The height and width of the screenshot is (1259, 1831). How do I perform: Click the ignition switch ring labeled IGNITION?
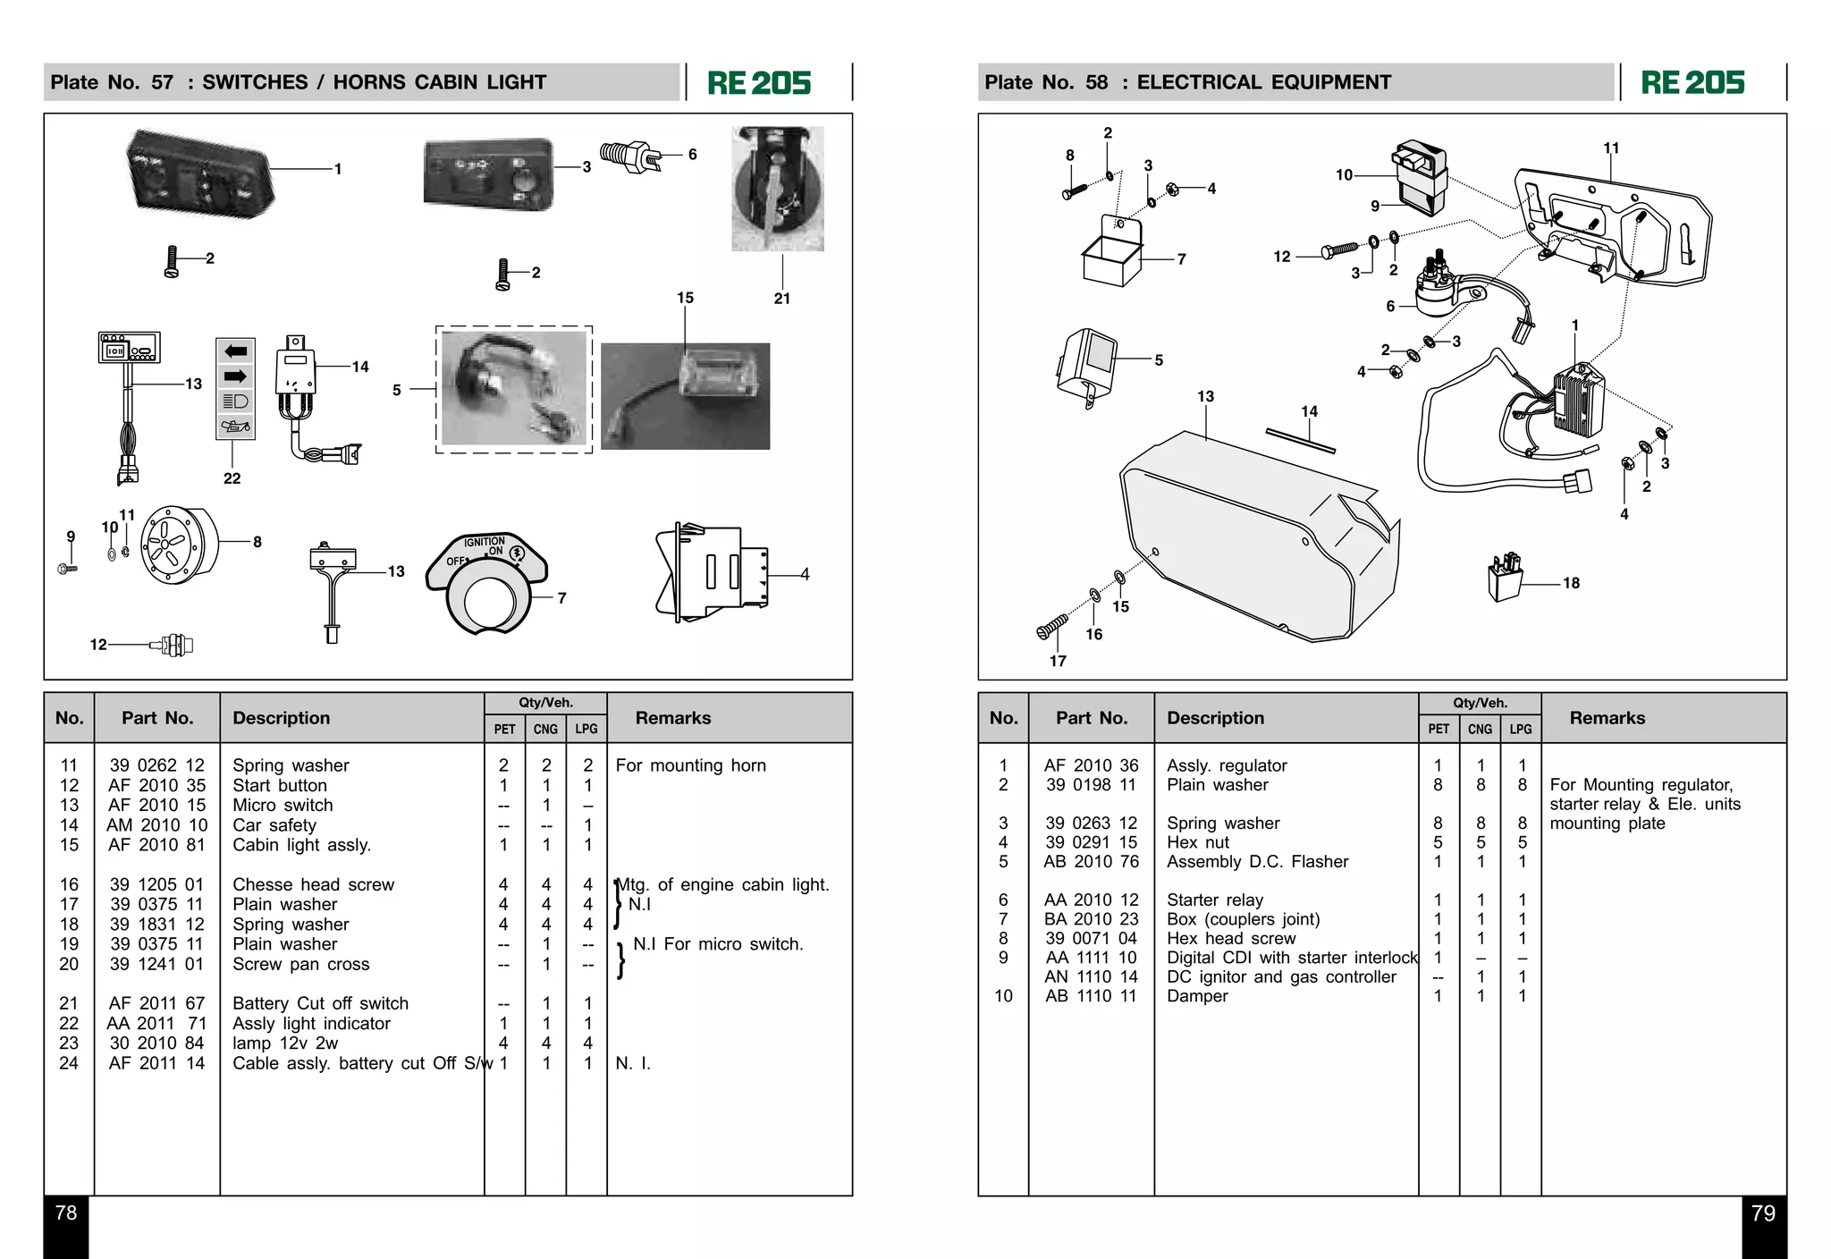tap(486, 581)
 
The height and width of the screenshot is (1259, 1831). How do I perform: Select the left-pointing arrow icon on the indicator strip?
tap(235, 351)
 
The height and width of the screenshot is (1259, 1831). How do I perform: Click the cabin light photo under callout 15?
tap(685, 396)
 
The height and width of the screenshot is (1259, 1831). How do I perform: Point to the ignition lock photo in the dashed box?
tap(514, 389)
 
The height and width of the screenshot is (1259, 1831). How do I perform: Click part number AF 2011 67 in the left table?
tap(156, 1003)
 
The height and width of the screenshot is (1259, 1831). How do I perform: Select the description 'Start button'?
tap(280, 785)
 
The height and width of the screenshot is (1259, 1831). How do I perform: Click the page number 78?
tap(66, 1213)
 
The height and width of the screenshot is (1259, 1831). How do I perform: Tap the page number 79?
tap(1763, 1213)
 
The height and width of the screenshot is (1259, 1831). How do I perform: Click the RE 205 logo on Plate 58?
tap(1692, 83)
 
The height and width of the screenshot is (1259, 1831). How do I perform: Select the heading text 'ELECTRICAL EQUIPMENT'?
tap(1263, 82)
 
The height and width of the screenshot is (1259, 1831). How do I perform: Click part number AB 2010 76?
tap(1091, 861)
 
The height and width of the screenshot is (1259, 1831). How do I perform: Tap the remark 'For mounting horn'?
tap(690, 765)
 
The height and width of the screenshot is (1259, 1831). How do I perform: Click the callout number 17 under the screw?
tap(1058, 661)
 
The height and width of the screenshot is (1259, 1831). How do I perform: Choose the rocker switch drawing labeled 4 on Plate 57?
tap(711, 572)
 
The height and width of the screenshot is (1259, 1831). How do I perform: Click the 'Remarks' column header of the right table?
tap(1607, 718)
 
